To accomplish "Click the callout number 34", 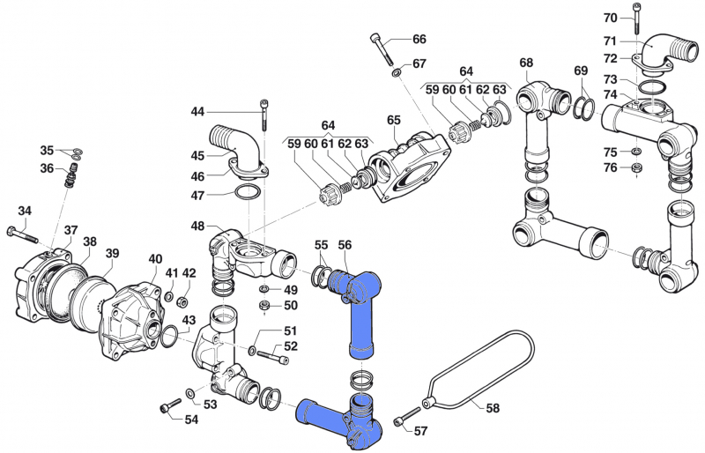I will tap(24, 211).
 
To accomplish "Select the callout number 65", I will tap(393, 120).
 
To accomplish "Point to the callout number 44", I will tap(197, 112).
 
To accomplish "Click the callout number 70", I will tap(611, 18).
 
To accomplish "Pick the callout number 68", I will tap(526, 63).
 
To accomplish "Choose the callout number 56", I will tap(345, 244).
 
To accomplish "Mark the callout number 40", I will tap(155, 258).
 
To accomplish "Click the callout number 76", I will tap(610, 168).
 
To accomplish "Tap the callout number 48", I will tap(197, 226).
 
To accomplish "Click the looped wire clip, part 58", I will tap(480, 370).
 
